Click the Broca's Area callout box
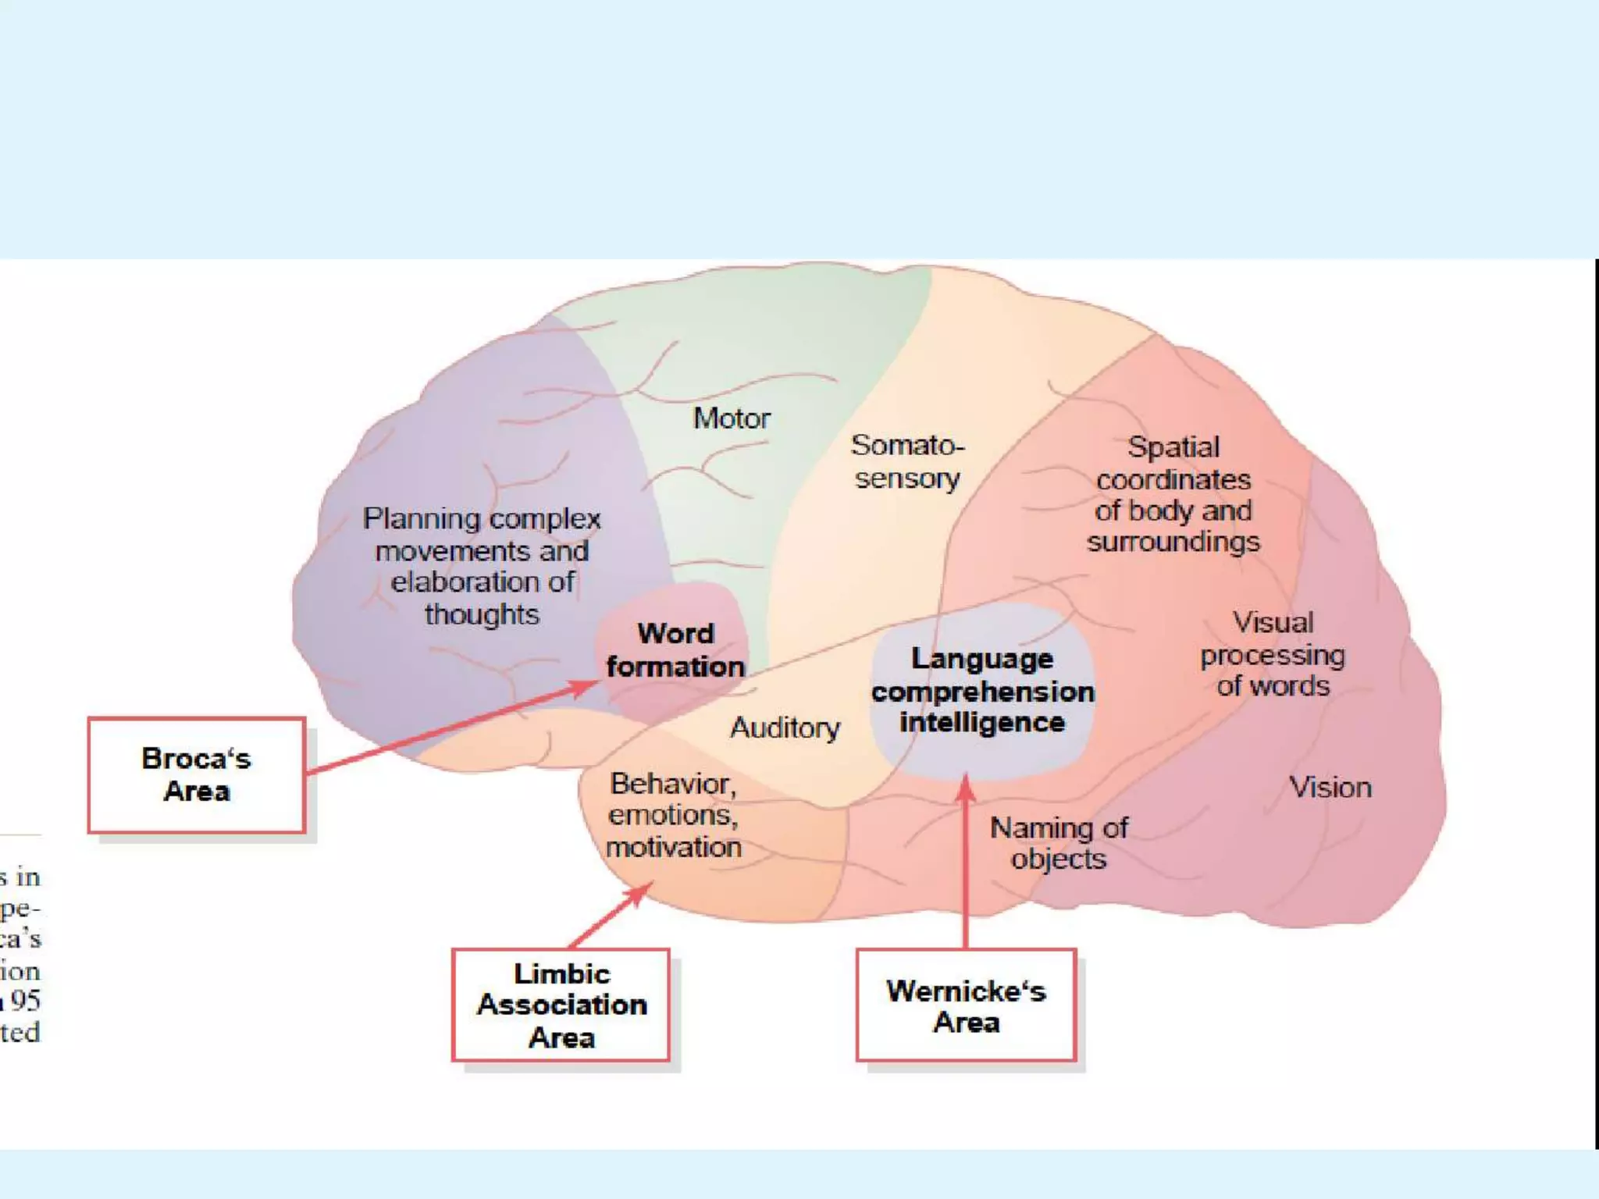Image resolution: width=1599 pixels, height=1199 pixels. pyautogui.click(x=196, y=775)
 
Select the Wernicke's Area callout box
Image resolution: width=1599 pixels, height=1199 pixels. pyautogui.click(x=966, y=1005)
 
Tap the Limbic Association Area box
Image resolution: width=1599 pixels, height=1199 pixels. pyautogui.click(x=561, y=1005)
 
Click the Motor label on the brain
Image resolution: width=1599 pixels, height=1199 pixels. pyautogui.click(x=732, y=419)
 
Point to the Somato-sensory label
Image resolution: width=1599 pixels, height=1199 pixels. pyautogui.click(x=907, y=461)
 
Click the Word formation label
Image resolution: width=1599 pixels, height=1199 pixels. pyautogui.click(x=675, y=650)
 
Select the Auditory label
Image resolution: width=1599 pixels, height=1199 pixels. pyautogui.click(x=785, y=728)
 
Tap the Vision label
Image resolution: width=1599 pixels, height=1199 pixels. pyautogui.click(x=1330, y=788)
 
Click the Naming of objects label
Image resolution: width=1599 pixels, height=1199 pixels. pyautogui.click(x=1059, y=843)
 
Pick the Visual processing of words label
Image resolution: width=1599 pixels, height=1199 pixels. pyautogui.click(x=1273, y=654)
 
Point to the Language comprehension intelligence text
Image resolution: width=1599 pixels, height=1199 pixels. pyautogui.click(x=982, y=691)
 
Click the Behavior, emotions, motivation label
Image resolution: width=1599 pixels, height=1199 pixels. pyautogui.click(x=673, y=816)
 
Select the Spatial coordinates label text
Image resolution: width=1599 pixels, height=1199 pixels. pyautogui.click(x=1173, y=494)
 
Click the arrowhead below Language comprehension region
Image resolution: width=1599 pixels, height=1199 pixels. pyautogui.click(x=966, y=785)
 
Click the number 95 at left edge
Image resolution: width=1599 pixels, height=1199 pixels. pyautogui.click(x=26, y=1001)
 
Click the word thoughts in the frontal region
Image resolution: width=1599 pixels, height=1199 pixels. pyautogui.click(x=482, y=615)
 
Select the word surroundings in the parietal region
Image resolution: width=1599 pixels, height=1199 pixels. pyautogui.click(x=1173, y=542)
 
